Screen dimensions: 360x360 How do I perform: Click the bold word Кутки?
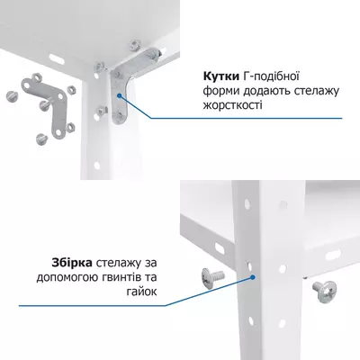coord(221,76)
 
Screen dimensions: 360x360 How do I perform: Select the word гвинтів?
coord(126,276)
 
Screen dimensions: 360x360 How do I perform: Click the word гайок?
coord(155,291)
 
